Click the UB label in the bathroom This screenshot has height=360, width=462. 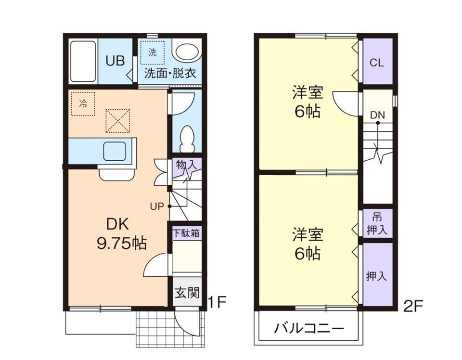115,61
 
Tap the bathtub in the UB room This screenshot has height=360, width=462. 83,61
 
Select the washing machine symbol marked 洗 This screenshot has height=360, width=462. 153,53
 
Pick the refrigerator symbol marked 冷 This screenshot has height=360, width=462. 83,103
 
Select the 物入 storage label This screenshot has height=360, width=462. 186,164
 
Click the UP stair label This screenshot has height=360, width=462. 157,206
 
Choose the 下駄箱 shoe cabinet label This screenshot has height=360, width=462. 186,233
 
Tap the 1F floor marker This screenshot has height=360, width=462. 217,302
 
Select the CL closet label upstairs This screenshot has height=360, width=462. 377,63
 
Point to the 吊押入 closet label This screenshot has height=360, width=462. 377,224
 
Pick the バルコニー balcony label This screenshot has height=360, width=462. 309,329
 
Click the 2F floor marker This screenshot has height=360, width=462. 412,306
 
